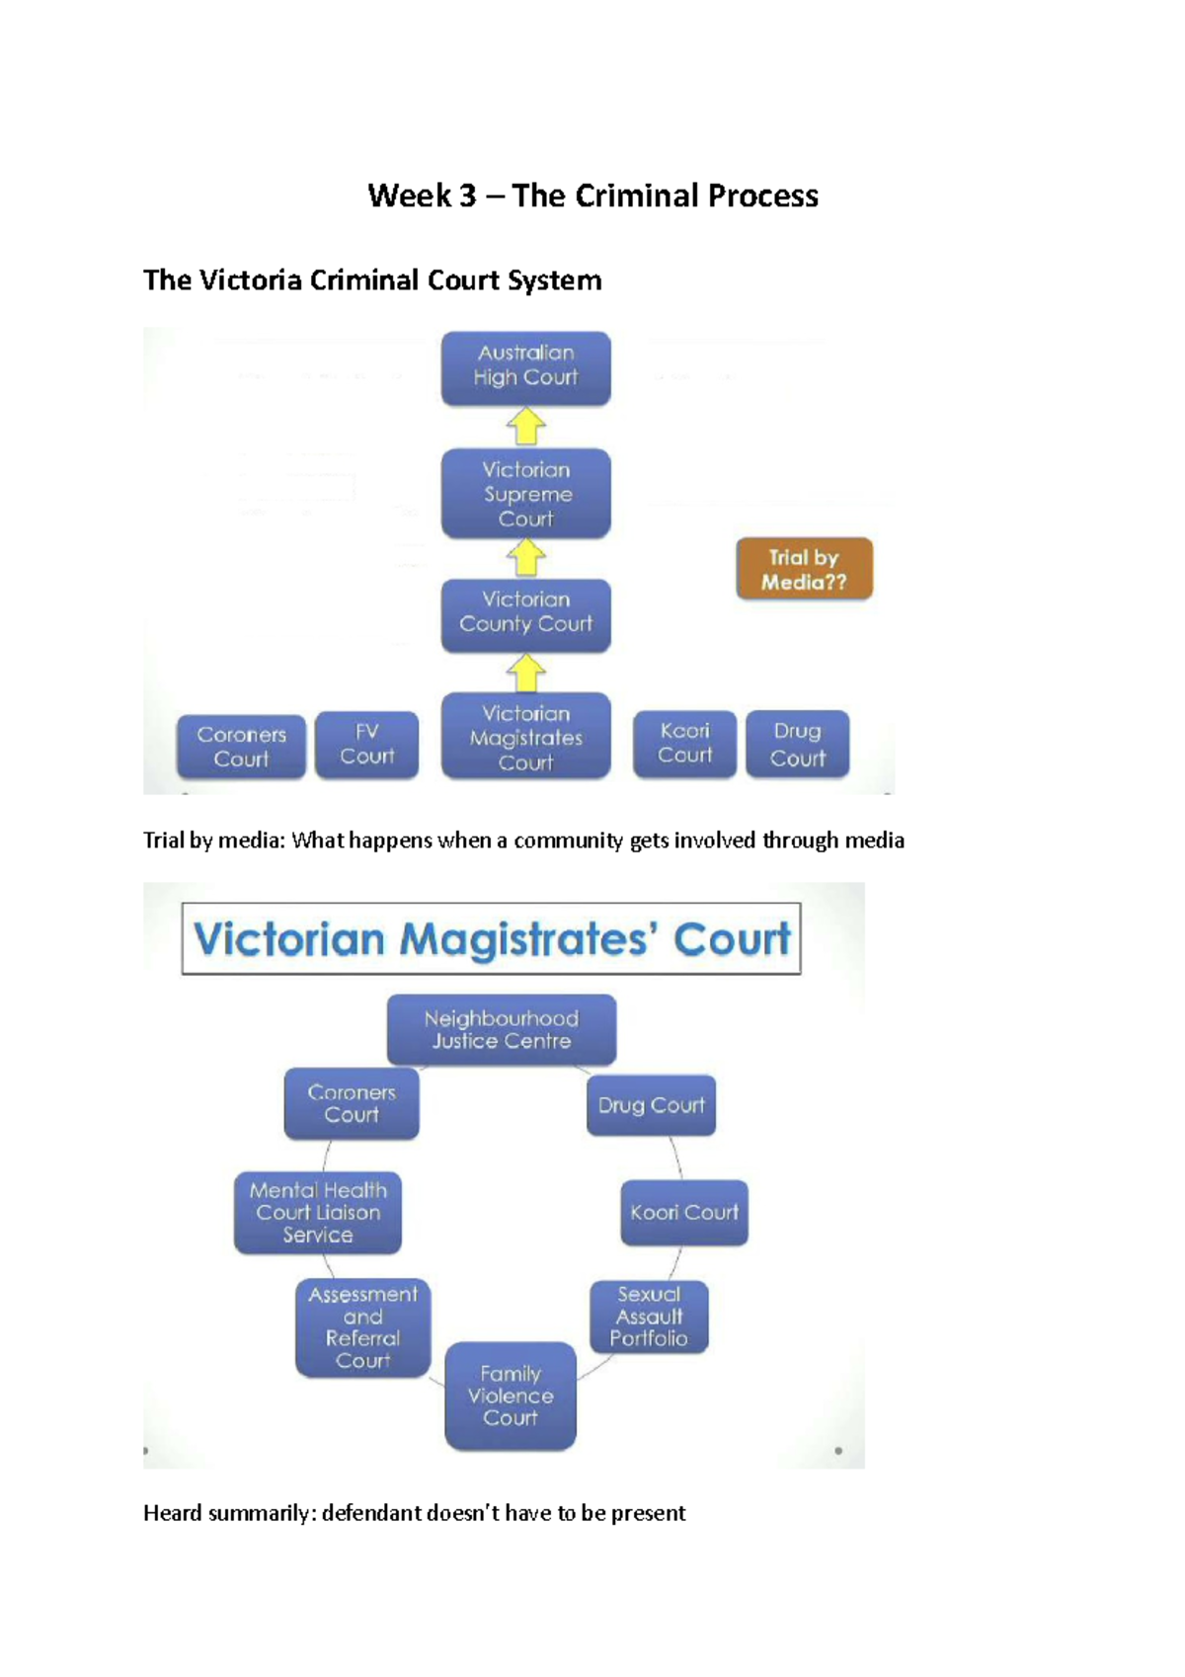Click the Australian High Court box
pos(525,367)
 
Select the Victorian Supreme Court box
pos(525,494)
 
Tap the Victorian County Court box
pos(525,614)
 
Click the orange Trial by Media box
pos(804,570)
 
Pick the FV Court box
pos(366,745)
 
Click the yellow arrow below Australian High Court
pos(526,428)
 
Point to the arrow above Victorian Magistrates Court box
pos(526,674)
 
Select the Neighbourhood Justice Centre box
pos(502,1029)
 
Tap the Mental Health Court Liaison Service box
pos(318,1213)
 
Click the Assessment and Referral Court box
pos(362,1327)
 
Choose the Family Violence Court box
pos(510,1396)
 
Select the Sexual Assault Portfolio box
pos(649,1317)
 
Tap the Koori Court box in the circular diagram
pos(683,1213)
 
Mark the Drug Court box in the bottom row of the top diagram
pos(797,745)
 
